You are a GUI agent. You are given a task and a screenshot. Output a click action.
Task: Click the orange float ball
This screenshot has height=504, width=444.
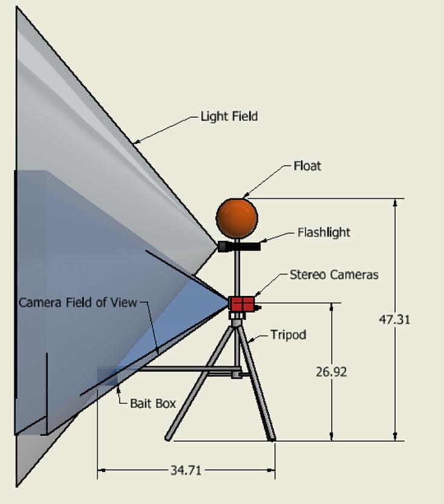click(x=237, y=217)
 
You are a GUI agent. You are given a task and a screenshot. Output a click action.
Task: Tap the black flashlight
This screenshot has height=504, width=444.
click(x=239, y=247)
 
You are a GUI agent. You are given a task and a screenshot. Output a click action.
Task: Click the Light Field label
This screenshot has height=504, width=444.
click(x=229, y=116)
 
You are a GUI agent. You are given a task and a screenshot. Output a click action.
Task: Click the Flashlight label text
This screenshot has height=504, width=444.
click(x=323, y=232)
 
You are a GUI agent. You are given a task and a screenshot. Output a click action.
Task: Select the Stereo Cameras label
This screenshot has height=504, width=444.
click(x=334, y=274)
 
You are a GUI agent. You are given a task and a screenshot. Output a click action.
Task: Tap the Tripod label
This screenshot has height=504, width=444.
click(x=288, y=334)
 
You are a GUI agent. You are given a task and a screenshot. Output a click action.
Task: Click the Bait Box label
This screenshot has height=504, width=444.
click(x=153, y=402)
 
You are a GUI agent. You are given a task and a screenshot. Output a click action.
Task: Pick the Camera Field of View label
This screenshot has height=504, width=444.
click(x=78, y=302)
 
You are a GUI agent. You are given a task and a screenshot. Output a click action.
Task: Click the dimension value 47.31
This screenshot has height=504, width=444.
click(x=394, y=319)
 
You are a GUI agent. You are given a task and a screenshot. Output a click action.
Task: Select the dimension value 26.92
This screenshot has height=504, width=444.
click(x=331, y=372)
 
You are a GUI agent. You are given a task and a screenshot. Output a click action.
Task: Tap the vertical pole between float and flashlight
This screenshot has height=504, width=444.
click(x=237, y=238)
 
